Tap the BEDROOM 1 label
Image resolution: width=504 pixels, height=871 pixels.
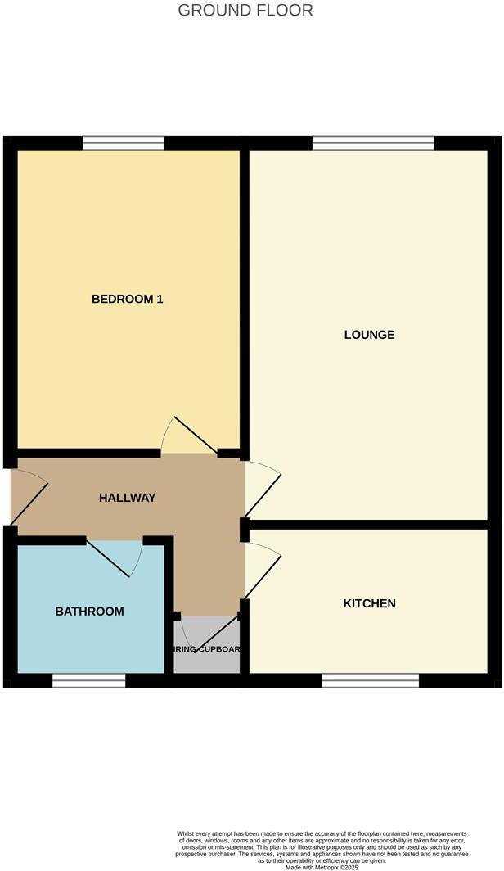pyautogui.click(x=127, y=299)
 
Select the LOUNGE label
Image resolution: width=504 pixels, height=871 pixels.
pyautogui.click(x=370, y=334)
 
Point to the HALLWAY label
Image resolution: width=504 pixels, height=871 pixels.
pyautogui.click(x=127, y=498)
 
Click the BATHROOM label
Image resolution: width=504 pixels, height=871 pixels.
pyautogui.click(x=90, y=612)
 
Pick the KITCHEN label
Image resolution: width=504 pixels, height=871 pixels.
pyautogui.click(x=369, y=603)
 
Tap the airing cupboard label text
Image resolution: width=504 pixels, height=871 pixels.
pyautogui.click(x=207, y=649)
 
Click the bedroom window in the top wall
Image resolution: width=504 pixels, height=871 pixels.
pyautogui.click(x=123, y=144)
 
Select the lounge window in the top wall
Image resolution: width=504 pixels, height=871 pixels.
pyautogui.click(x=373, y=144)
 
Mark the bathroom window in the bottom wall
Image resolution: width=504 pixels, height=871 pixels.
pyautogui.click(x=88, y=680)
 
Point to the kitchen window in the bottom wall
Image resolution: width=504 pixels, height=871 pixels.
pyautogui.click(x=370, y=680)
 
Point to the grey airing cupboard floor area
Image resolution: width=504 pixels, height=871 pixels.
pyautogui.click(x=207, y=661)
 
